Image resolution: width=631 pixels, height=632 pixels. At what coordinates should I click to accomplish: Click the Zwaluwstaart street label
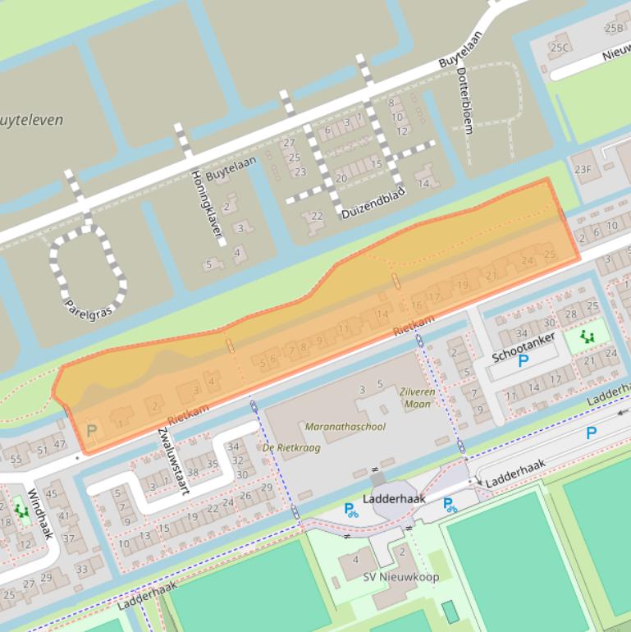[x=173, y=461]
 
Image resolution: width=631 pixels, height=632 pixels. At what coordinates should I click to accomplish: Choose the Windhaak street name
[x=40, y=514]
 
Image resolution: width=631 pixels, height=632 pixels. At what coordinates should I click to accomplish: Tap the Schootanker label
[x=524, y=347]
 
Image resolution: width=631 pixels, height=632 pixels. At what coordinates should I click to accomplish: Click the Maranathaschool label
[x=345, y=427]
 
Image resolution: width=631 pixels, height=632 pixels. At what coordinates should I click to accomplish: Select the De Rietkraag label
[x=291, y=448]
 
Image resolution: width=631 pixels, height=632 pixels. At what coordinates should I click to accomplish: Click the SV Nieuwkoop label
[x=400, y=577]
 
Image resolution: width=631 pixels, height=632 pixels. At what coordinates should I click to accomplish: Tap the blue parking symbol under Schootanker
[x=523, y=360]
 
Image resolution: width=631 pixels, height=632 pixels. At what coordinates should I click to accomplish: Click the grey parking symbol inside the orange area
[x=91, y=430]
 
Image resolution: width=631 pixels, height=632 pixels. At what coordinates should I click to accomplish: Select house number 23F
[x=583, y=170]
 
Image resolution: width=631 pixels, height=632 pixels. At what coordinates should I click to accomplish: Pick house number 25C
[x=559, y=48]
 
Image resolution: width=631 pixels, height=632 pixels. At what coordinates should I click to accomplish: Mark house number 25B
[x=614, y=28]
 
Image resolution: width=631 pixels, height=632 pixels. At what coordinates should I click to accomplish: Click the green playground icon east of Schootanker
[x=587, y=337]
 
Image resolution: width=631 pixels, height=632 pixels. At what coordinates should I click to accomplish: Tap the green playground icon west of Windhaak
[x=21, y=511]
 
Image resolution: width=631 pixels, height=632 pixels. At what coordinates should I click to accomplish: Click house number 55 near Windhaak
[x=17, y=458]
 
